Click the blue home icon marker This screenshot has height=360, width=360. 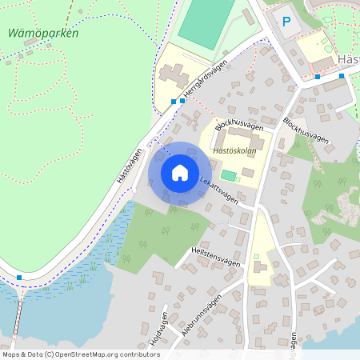179,173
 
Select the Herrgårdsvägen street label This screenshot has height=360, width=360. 206,81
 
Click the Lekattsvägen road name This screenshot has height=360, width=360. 219,191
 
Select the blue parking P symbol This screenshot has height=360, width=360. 282,22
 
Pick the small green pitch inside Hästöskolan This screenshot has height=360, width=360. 229,175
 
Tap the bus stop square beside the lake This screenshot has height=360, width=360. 18,278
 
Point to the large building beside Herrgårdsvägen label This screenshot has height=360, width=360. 173,76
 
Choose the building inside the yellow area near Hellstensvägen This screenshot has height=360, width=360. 258,268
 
